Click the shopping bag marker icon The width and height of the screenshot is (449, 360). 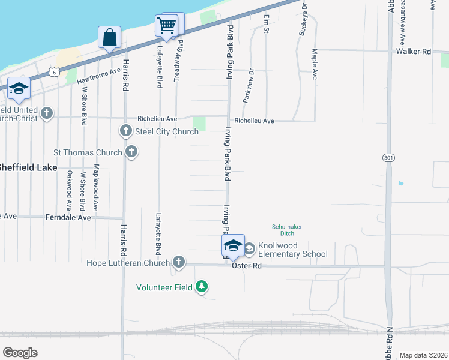point(110,38)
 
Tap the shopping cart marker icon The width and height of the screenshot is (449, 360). point(166,26)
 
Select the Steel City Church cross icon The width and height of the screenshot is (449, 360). point(126,131)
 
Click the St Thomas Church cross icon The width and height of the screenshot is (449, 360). point(131,152)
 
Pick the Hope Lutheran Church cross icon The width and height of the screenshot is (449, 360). point(178,262)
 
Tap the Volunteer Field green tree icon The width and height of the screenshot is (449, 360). point(203,287)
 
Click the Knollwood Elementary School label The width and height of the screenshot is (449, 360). point(293,250)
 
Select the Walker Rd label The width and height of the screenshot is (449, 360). point(414,52)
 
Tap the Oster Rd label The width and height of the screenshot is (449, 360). point(247,265)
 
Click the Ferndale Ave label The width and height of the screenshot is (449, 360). point(68,217)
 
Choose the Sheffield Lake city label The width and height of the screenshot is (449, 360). point(28,167)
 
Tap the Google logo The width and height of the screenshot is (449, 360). point(20,352)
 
